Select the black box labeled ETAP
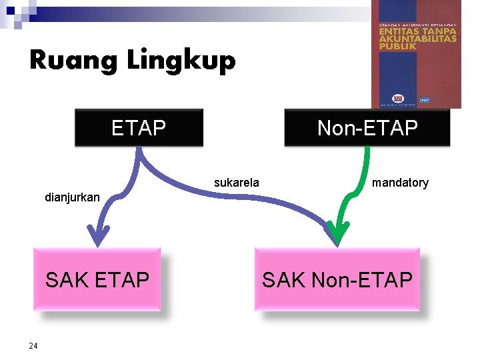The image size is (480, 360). tap(139, 127)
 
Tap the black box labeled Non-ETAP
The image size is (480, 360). tap(367, 127)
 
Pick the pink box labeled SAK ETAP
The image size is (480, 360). tap(97, 279)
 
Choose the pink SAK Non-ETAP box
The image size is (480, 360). tap(337, 279)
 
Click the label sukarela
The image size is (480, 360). tap(237, 182)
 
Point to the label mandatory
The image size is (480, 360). tap(400, 182)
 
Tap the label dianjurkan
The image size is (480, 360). tap(72, 197)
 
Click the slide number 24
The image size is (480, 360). tap(33, 345)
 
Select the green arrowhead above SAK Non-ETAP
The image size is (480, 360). tap(339, 235)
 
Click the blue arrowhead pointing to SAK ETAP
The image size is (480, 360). tap(99, 235)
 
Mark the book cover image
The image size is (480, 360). tap(416, 53)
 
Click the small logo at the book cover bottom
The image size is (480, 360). tap(399, 99)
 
